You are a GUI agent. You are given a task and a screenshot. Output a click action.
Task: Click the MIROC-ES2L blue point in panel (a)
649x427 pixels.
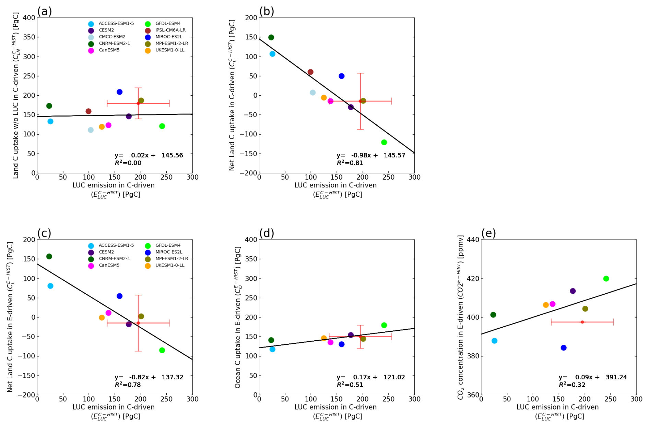click(119, 92)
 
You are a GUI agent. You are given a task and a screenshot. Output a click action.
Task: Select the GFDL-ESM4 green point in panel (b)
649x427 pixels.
click(384, 142)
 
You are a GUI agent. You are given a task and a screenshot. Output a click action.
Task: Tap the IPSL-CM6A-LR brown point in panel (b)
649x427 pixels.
click(310, 72)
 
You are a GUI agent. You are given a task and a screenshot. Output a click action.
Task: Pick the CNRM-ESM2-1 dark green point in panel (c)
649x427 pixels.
click(49, 256)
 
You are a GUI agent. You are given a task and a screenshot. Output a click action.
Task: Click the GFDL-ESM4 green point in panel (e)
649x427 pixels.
click(606, 279)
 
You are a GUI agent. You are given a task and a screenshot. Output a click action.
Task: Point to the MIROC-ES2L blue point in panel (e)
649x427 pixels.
click(564, 348)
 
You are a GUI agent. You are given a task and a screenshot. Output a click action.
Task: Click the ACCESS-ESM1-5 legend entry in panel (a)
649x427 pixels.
click(116, 24)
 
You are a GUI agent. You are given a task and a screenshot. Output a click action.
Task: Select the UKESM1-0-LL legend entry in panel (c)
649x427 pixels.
click(170, 265)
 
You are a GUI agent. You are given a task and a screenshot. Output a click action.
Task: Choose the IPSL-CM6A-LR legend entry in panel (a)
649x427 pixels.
click(170, 30)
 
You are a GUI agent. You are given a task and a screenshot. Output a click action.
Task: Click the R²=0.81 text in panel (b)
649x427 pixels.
click(350, 163)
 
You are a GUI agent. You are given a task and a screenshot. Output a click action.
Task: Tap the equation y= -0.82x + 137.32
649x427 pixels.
click(149, 377)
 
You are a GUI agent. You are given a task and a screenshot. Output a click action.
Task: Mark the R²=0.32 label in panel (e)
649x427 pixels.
click(572, 385)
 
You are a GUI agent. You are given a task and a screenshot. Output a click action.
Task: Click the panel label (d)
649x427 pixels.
click(267, 233)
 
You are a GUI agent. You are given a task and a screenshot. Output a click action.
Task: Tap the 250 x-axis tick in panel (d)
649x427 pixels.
click(388, 399)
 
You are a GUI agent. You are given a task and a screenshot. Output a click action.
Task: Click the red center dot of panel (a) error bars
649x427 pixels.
click(138, 103)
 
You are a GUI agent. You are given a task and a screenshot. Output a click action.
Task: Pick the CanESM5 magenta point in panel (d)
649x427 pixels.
click(330, 342)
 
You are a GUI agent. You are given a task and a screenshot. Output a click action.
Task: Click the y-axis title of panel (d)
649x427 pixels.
click(238, 317)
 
